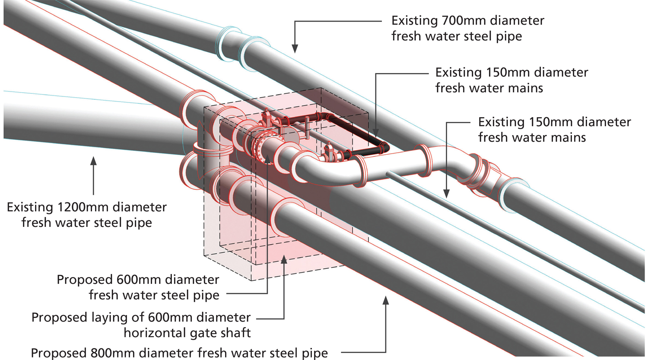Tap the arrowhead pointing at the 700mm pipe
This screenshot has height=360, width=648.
pos(295,48)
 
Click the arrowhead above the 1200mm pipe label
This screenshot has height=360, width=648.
pos(93,161)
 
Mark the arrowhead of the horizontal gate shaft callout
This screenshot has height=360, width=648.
pos(284,259)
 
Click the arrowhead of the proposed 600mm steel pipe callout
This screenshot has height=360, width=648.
pos(267,159)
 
